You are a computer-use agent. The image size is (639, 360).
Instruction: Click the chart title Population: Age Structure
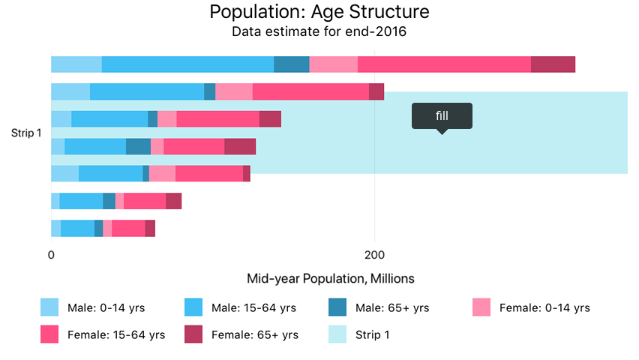click(x=319, y=12)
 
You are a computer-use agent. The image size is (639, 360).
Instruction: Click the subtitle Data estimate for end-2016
click(x=319, y=32)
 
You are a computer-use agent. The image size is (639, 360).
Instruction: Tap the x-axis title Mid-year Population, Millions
click(x=330, y=278)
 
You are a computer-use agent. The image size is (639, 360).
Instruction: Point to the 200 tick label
click(x=374, y=255)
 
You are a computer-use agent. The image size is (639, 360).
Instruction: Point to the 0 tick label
click(x=51, y=255)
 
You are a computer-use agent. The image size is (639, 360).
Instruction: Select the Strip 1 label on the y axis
click(x=26, y=133)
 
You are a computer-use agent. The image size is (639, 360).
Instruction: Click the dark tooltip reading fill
click(x=442, y=115)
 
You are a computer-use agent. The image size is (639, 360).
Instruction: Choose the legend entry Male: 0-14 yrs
click(x=106, y=307)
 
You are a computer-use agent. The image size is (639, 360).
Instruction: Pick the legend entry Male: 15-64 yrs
click(x=253, y=307)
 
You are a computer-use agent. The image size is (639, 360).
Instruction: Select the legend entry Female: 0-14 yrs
click(x=544, y=307)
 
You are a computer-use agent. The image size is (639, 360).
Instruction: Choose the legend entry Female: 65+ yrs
click(x=255, y=334)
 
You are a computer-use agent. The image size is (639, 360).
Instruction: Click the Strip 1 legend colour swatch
click(x=340, y=334)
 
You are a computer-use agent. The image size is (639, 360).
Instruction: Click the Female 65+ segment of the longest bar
click(x=553, y=64)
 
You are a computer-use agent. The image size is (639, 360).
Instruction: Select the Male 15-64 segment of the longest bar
click(x=187, y=64)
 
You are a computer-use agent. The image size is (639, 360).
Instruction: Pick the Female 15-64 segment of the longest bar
click(x=444, y=64)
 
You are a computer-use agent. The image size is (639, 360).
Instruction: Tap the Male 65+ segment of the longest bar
click(x=291, y=64)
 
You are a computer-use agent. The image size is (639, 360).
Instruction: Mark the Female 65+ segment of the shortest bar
click(x=150, y=228)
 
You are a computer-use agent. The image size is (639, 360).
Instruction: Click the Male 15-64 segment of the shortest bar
click(x=77, y=228)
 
